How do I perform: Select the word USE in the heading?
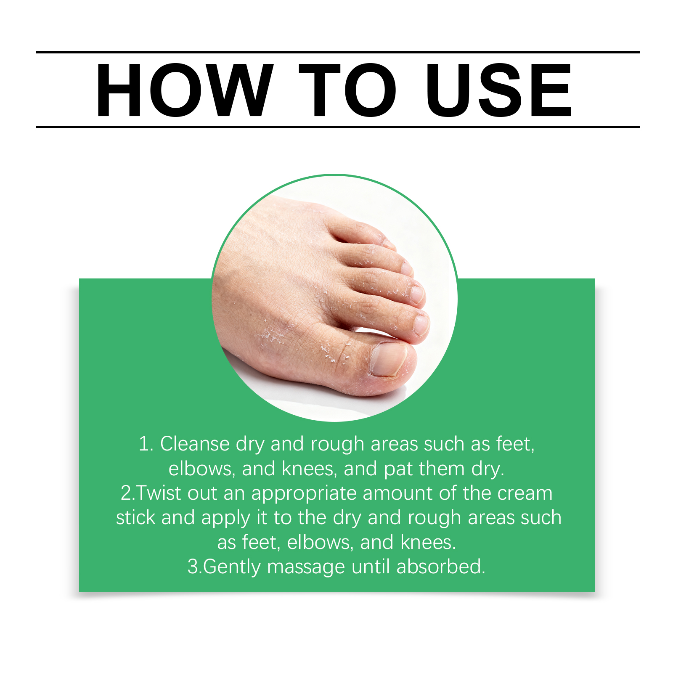tap(498, 90)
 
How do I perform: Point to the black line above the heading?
tap(338, 52)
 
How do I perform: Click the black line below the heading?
tap(338, 127)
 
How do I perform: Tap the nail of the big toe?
tap(388, 359)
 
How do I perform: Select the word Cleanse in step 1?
tap(195, 444)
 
